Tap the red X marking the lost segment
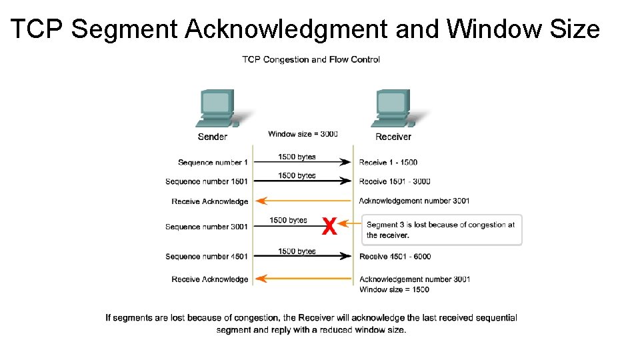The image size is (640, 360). (329, 227)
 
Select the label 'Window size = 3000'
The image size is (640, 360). (303, 134)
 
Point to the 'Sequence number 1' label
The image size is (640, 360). (213, 163)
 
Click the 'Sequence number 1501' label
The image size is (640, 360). (207, 181)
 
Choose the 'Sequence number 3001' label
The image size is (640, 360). (207, 227)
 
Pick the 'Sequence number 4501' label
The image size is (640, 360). (207, 257)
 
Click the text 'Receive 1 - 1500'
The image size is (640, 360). (388, 163)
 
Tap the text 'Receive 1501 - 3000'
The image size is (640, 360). (395, 181)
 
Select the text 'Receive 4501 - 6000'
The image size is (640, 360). (395, 257)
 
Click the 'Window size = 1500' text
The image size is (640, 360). (394, 289)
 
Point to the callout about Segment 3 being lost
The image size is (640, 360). (441, 230)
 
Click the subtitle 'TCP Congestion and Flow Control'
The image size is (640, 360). (311, 59)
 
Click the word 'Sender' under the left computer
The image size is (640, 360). (213, 137)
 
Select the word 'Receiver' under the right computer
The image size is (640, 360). (393, 137)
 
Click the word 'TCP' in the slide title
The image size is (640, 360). (37, 29)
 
